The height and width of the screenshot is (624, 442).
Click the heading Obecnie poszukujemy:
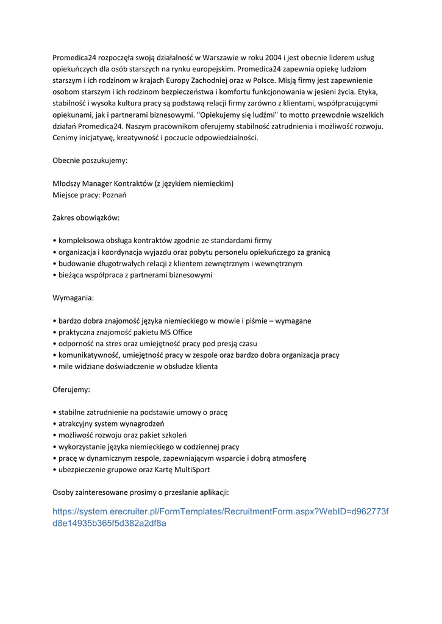(90, 160)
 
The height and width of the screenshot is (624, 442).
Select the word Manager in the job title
(97, 183)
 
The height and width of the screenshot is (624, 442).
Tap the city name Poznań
(113, 195)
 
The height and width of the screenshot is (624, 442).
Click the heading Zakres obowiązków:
(86, 218)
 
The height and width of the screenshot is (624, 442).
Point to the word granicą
(315, 252)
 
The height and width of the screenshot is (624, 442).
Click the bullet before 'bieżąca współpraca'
(55, 275)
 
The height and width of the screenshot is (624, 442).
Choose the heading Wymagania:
(73, 298)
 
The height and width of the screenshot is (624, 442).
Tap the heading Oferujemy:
(71, 389)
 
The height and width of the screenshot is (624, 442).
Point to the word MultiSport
(192, 469)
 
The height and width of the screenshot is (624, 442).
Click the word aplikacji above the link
(210, 492)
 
